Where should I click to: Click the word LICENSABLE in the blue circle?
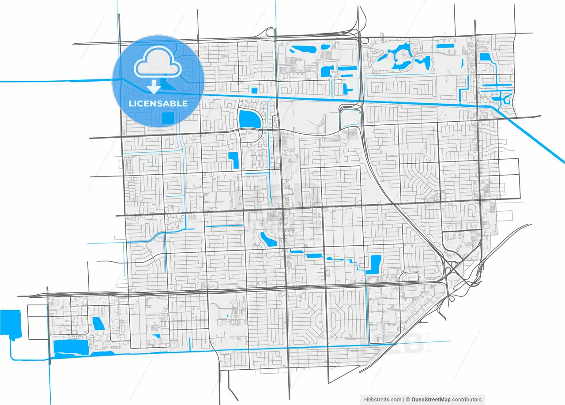158,104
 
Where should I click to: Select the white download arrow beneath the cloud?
154,86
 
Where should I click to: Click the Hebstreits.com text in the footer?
383,399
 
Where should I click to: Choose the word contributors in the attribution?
467,399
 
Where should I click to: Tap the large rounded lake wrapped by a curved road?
250,119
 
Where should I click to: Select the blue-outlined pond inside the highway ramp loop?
350,118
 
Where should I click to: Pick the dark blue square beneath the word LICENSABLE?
168,118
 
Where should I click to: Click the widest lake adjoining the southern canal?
71,347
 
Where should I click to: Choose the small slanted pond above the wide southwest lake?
98,323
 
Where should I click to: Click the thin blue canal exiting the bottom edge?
50,388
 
